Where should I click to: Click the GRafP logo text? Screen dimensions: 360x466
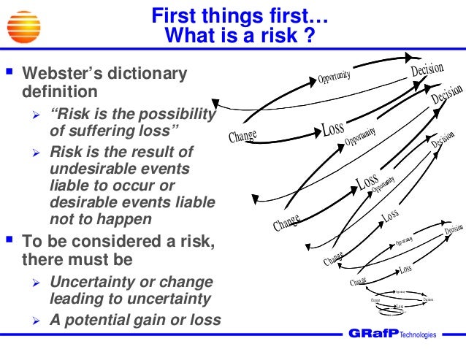[x=374, y=334]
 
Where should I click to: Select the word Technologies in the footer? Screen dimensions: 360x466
[x=417, y=335]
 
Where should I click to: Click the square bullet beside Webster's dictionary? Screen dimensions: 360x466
[x=10, y=74]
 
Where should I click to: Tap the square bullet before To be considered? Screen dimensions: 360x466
[x=10, y=242]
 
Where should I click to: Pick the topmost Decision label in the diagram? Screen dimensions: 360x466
[x=427, y=72]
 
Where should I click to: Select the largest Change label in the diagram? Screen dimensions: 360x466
[x=242, y=136]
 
